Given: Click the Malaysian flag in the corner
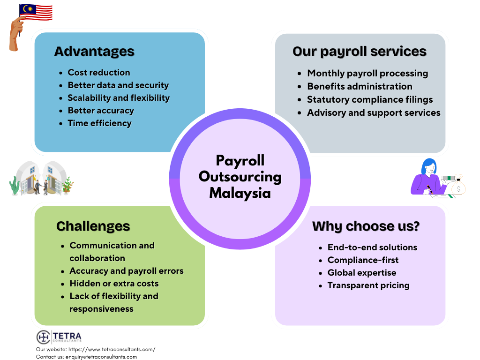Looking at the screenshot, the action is click(x=36, y=12).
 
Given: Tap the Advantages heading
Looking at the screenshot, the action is click(x=94, y=52).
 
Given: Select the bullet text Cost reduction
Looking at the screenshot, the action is click(x=99, y=73).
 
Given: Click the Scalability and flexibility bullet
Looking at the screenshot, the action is click(x=119, y=98).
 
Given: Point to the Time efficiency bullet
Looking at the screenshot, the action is click(x=99, y=123).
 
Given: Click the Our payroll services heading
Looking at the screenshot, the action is click(x=360, y=52).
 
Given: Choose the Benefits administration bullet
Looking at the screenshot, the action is click(x=360, y=86).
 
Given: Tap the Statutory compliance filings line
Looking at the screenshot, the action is click(x=370, y=99).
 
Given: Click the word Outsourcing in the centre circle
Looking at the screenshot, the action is click(x=240, y=177).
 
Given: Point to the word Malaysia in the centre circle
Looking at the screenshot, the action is click(x=240, y=193).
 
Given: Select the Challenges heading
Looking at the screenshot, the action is click(x=93, y=226).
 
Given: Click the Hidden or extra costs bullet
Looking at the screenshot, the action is click(x=114, y=284).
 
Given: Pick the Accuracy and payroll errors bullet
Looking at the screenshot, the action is click(x=127, y=271).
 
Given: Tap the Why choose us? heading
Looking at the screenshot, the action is click(x=366, y=226).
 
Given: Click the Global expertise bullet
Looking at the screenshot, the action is click(x=362, y=273).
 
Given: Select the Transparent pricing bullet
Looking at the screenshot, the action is click(x=368, y=285).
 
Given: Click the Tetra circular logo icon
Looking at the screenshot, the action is click(x=44, y=337).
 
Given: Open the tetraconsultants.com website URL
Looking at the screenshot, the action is click(x=112, y=349).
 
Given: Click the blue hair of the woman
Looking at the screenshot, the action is click(x=427, y=165).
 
